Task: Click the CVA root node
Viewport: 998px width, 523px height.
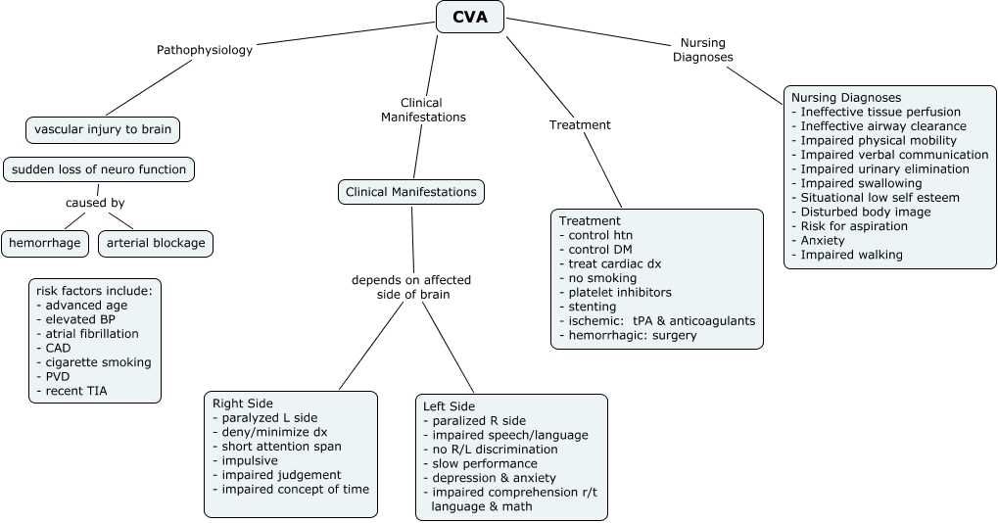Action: click(469, 16)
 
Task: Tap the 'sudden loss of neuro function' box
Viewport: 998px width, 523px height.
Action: click(99, 169)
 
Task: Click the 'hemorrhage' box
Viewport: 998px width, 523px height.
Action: click(45, 243)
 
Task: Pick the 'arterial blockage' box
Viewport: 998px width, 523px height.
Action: click(156, 243)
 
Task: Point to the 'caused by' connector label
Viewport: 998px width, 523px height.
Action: click(95, 204)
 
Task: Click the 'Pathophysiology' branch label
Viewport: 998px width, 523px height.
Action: click(205, 50)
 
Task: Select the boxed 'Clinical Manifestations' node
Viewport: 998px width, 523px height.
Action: click(411, 192)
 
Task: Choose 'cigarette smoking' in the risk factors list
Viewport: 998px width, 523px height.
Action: click(92, 362)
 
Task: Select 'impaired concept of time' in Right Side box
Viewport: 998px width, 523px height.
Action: click(295, 489)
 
